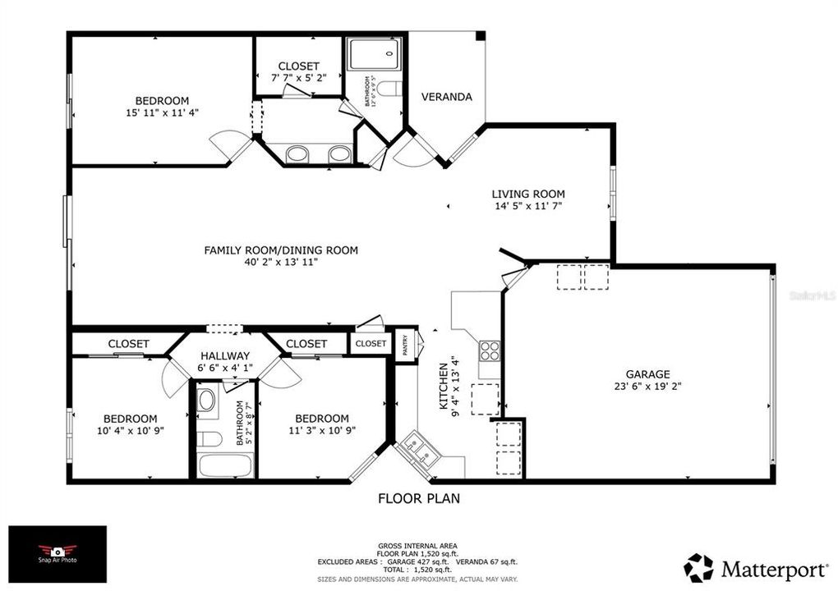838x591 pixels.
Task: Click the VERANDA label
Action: pos(446,97)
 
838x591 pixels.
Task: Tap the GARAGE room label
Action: pos(648,373)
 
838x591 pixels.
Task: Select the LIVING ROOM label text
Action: pos(528,195)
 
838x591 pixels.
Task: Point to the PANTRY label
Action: pos(405,344)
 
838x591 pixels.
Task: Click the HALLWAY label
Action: pos(224,355)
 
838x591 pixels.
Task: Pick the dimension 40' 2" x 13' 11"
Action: pos(280,262)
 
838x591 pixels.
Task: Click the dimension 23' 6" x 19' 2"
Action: pos(648,386)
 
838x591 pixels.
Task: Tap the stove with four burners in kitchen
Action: pos(490,350)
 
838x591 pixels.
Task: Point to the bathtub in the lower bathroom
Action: pos(224,465)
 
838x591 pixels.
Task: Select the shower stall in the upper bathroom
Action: pos(372,53)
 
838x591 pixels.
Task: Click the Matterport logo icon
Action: pos(699,568)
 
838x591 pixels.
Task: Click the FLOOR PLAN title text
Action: pos(418,497)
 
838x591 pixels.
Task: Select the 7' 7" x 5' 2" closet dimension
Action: pos(298,78)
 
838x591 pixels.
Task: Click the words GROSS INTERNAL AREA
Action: pos(418,546)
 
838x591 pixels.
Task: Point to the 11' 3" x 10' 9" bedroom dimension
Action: pos(321,430)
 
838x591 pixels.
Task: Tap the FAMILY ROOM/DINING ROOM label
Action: pos(280,250)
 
